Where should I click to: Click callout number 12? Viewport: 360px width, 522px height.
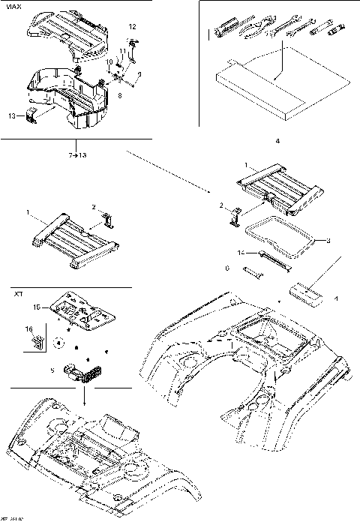[x=132, y=27]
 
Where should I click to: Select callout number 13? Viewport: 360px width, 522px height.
[x=11, y=117]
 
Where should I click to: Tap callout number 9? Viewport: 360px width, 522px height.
[x=137, y=73]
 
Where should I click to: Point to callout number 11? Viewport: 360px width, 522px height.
[x=123, y=51]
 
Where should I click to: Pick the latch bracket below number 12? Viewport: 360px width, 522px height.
[x=133, y=52]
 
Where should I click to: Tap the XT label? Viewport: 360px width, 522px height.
[x=18, y=295]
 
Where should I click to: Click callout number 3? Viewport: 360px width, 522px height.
[x=327, y=241]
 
